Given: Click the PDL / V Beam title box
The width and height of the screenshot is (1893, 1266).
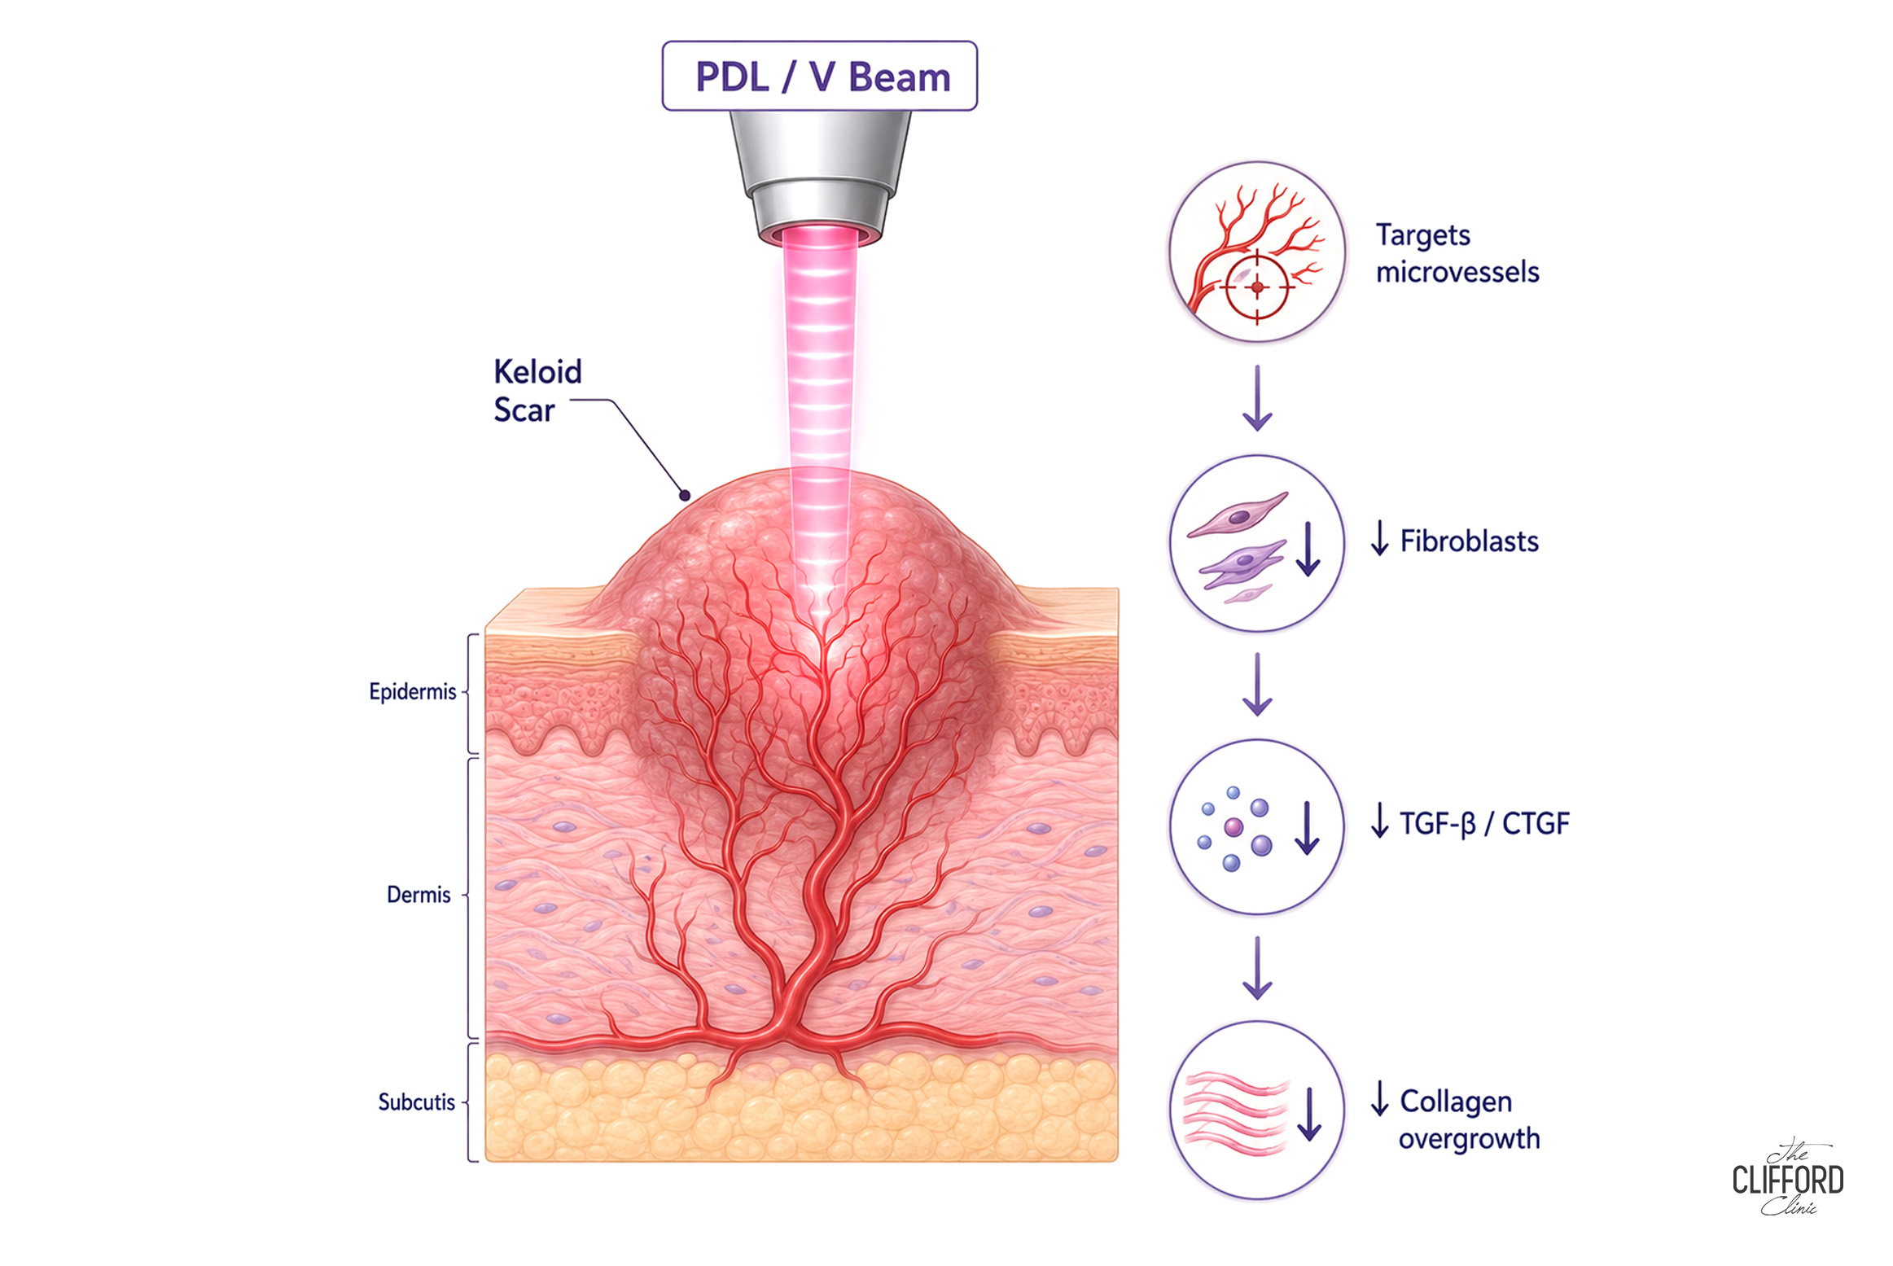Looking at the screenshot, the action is [819, 76].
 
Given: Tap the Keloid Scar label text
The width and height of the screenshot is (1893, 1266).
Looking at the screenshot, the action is [537, 391].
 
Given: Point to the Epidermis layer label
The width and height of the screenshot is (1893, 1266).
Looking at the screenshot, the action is [413, 692].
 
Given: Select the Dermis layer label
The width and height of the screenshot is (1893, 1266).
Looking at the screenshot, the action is [418, 895].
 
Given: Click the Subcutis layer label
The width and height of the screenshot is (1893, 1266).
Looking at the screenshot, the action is [416, 1102].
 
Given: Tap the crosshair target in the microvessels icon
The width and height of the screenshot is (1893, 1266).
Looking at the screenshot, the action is [1257, 287].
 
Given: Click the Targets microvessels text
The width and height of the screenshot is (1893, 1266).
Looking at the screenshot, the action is [1457, 253].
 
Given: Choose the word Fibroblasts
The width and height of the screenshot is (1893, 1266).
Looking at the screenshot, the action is [1470, 541].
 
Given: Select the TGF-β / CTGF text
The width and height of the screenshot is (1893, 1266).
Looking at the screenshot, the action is [1483, 823].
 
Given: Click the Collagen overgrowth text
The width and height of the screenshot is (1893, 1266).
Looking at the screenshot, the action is [1469, 1119].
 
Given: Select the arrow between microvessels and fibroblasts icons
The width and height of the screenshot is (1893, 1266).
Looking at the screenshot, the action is [1257, 398].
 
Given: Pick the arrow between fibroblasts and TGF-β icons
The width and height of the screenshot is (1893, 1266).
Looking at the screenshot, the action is [1257, 684].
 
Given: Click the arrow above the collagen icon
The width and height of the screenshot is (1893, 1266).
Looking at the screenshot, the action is [1257, 967].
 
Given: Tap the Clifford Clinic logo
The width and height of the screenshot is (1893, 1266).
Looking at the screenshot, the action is [1788, 1179].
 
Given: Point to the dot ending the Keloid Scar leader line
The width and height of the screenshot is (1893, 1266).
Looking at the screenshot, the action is [686, 495].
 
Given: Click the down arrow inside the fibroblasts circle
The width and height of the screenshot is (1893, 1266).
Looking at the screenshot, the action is [1308, 549].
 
